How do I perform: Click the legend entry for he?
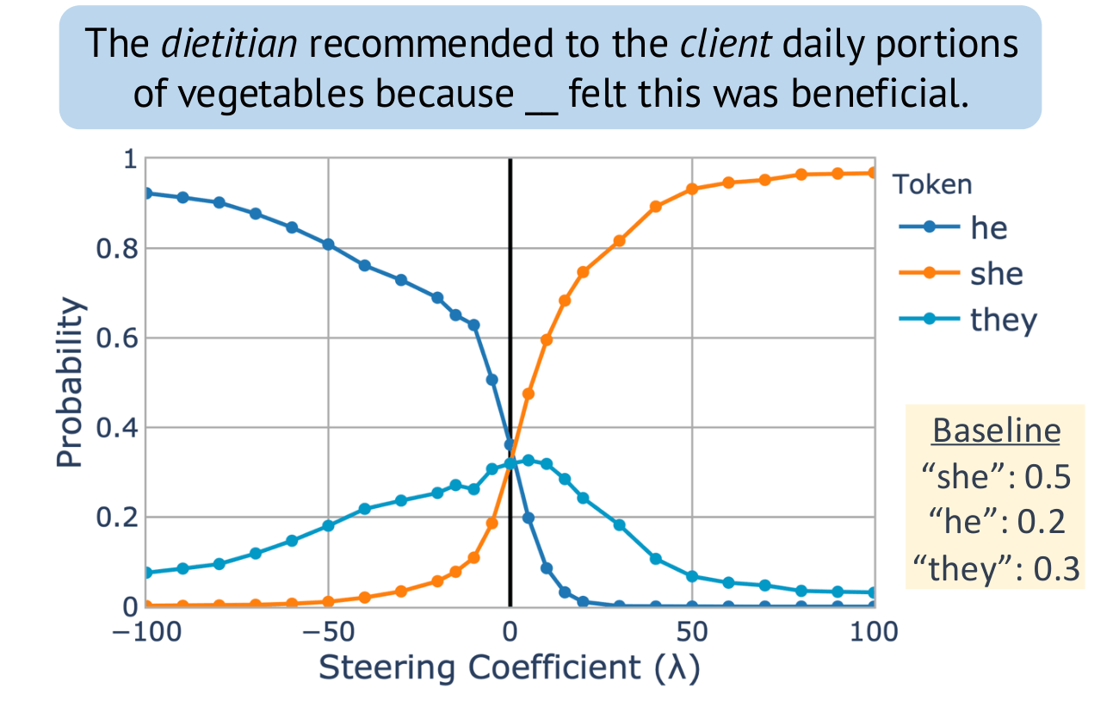(988, 228)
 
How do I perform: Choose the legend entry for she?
(996, 275)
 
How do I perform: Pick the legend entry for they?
(1004, 320)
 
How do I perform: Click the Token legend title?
(932, 183)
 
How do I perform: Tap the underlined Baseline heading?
(995, 431)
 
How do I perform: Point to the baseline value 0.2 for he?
(1040, 524)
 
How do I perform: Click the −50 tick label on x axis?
(327, 633)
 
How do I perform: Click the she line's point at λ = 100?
(874, 173)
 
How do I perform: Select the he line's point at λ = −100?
(146, 193)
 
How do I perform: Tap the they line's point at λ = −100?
(146, 573)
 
